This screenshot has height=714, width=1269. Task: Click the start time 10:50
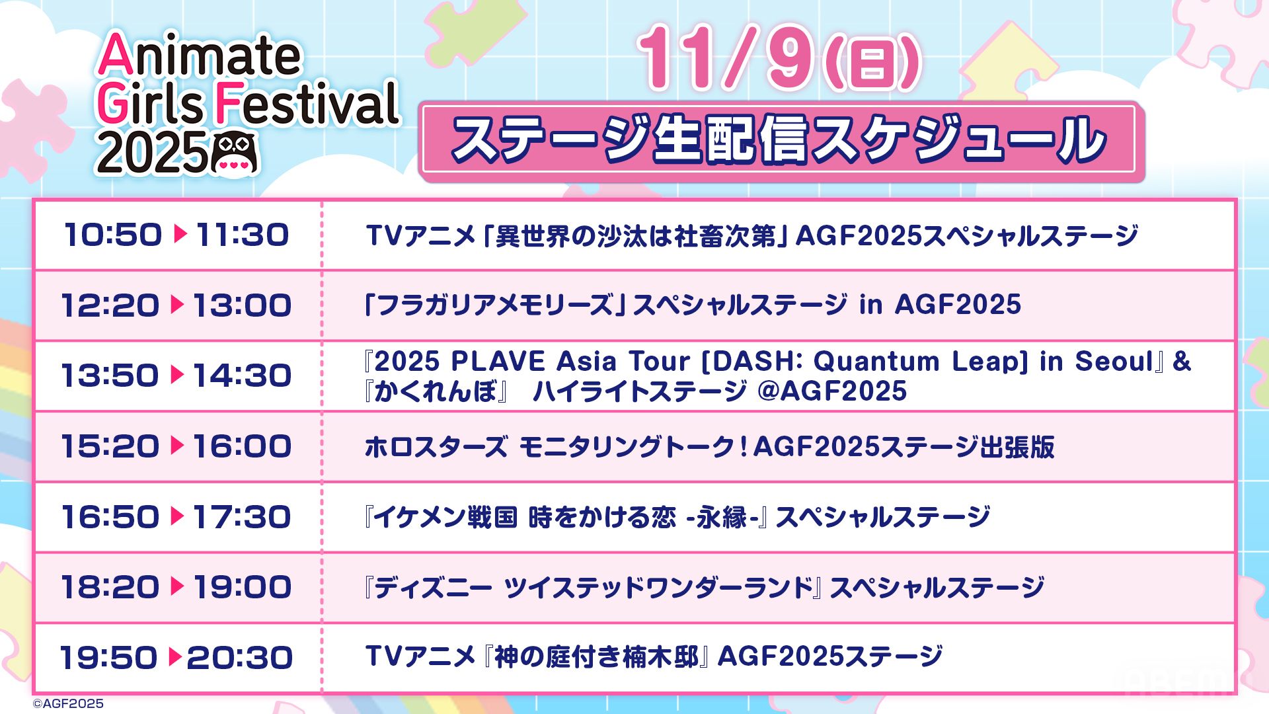click(113, 235)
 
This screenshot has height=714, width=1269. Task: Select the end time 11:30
click(243, 235)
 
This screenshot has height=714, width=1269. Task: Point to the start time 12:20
click(110, 305)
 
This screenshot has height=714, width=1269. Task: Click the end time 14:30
click(242, 376)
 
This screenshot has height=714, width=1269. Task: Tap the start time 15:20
click(110, 446)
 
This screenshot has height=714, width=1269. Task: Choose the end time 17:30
click(242, 517)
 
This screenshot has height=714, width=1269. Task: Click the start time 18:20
click(110, 587)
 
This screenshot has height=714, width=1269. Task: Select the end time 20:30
click(240, 658)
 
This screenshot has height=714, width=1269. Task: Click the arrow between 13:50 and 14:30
click(176, 375)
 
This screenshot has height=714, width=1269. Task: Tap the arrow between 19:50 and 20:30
click(175, 657)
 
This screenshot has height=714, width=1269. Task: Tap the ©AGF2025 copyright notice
click(68, 703)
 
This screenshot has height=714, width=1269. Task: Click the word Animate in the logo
click(200, 56)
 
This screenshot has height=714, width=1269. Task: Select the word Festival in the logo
click(307, 104)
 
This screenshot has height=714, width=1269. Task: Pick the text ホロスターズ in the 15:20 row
click(436, 447)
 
